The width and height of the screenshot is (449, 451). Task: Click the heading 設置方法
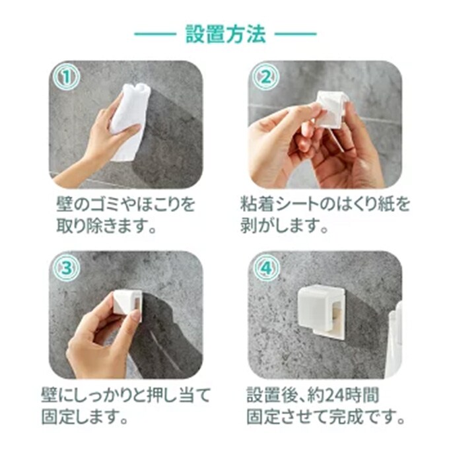click(x=225, y=34)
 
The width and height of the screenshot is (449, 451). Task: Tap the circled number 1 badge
click(x=67, y=77)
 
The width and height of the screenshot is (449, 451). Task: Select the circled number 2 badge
click(x=266, y=77)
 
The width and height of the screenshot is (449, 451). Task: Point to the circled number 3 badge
click(x=67, y=268)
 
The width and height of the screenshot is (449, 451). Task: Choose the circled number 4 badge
click(x=266, y=268)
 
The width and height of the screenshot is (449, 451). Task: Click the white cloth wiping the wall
click(x=130, y=121)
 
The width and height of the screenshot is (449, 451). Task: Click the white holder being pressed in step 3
click(x=127, y=306)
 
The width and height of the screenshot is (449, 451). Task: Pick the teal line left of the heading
click(x=155, y=34)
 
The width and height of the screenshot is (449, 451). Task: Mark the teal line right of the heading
click(x=296, y=34)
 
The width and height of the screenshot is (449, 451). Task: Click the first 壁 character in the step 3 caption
click(x=50, y=395)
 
